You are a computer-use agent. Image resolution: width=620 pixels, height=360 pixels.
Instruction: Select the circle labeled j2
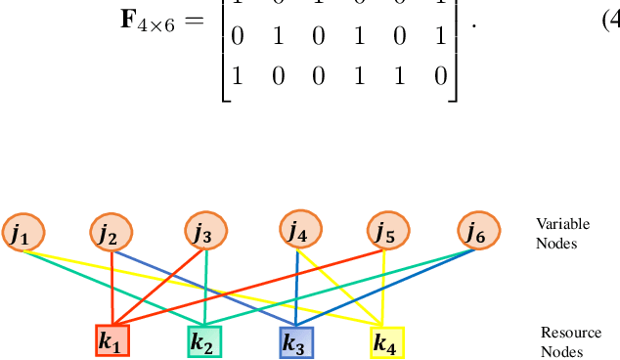113,233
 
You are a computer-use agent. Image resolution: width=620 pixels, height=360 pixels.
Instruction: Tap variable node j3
204,233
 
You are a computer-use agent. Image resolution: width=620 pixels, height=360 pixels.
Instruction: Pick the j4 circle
297,231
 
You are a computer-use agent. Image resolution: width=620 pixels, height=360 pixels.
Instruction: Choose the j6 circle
478,233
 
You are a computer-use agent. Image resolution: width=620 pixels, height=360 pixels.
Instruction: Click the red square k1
112,341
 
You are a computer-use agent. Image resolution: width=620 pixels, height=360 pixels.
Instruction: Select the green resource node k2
204,341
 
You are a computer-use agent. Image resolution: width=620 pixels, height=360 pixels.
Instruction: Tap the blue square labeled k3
295,341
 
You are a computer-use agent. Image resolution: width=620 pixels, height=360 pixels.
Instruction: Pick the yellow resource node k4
386,342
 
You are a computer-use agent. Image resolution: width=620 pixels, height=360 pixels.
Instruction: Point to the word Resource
565,334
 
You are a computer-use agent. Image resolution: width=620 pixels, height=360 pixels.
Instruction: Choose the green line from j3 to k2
204,284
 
